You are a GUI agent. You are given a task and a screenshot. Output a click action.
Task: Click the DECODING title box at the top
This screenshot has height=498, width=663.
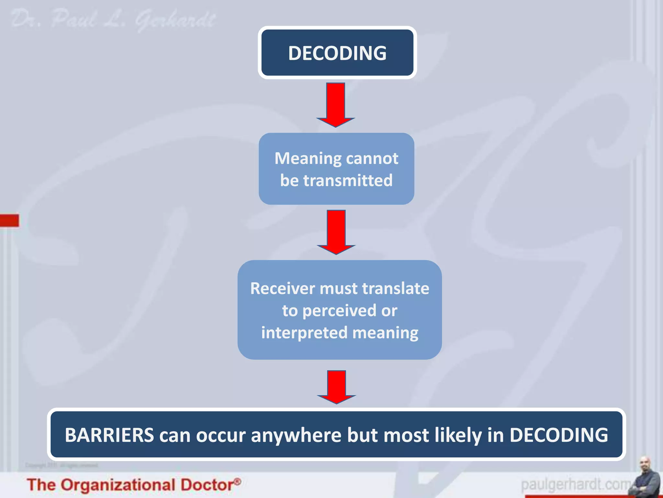[x=337, y=53]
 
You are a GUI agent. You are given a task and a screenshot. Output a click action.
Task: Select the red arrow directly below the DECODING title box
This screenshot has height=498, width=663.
[x=336, y=104]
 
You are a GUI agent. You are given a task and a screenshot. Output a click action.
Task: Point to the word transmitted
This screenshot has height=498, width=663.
[x=348, y=181]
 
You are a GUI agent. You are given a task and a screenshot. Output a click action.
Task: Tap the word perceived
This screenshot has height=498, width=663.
[x=339, y=311]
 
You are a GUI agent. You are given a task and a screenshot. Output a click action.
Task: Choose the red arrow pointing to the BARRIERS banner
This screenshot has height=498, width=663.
[x=337, y=387]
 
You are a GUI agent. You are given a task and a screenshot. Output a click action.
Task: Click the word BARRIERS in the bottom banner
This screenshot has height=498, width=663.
[x=109, y=435]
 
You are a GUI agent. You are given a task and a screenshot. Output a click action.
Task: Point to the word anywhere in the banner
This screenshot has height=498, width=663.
[x=296, y=435]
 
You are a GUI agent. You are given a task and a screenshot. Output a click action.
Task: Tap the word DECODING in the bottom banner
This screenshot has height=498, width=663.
[x=559, y=435]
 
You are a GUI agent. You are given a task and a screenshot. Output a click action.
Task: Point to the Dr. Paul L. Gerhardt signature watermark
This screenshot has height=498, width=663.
[x=113, y=19]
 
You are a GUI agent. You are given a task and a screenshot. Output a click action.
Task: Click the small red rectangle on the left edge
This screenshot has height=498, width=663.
[x=9, y=220]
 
